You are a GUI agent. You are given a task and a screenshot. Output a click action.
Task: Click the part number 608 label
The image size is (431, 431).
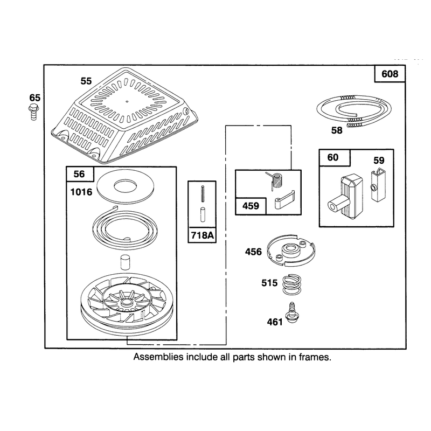click(390, 74)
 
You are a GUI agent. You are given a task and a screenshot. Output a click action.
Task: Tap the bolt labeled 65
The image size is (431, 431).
click(33, 112)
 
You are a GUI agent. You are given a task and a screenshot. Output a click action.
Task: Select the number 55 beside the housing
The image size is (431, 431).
click(86, 81)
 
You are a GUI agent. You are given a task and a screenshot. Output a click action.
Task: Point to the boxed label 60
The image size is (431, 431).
click(333, 157)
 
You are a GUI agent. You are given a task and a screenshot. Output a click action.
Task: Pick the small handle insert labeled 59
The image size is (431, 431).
click(378, 185)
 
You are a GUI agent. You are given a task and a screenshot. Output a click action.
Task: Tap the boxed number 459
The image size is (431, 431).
click(251, 206)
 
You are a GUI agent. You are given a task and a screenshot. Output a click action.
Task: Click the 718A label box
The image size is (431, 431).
click(202, 235)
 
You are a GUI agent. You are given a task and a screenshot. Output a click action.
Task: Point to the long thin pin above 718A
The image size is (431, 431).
click(203, 194)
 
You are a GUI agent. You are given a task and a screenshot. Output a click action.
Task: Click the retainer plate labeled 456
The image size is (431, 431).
click(291, 251)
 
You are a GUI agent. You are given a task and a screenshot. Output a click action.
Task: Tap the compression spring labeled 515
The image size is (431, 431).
click(292, 284)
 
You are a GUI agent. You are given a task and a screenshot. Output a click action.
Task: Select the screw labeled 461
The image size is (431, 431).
click(292, 313)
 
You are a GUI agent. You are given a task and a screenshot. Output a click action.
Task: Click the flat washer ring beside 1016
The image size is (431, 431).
click(126, 187)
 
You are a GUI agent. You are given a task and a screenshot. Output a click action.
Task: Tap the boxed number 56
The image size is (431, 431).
click(79, 174)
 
